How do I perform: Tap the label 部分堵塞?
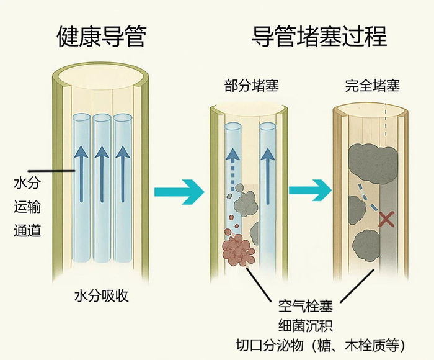coord(251,86)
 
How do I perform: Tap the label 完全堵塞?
coord(372,86)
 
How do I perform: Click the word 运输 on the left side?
coord(27,207)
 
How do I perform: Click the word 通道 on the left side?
coord(27,231)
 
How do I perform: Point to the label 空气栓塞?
coord(305,307)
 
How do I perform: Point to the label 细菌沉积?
coord(305,325)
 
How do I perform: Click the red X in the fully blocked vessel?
coord(387,218)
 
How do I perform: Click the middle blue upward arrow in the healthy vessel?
coord(102,174)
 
